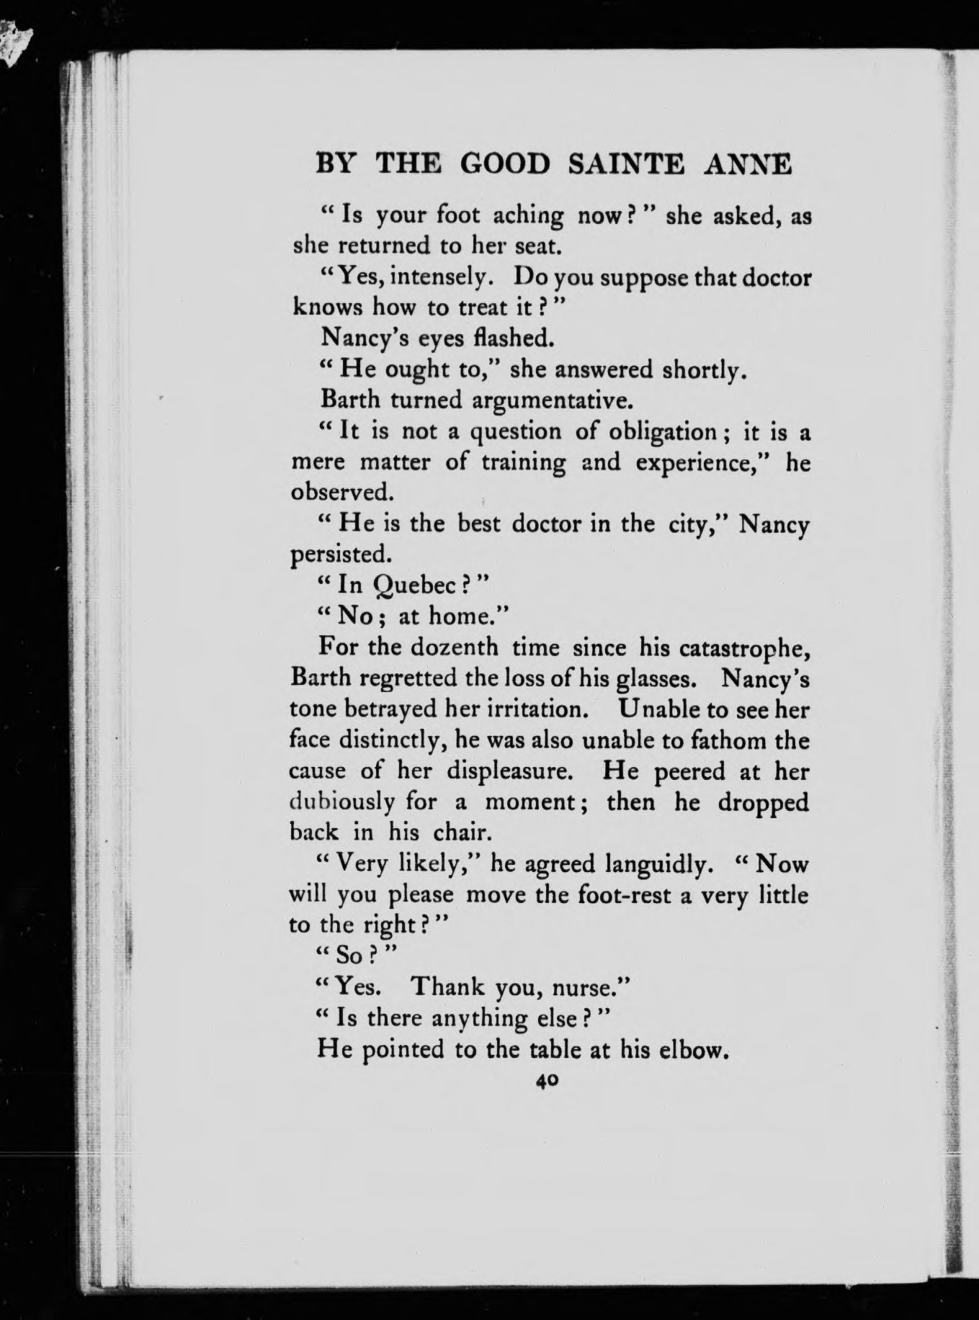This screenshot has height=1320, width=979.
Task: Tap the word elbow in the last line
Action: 689,1049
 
